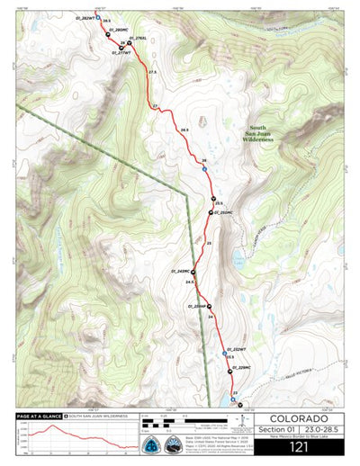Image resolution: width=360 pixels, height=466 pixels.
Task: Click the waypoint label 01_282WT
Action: (84, 18)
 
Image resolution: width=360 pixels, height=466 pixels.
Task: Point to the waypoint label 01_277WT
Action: (121, 52)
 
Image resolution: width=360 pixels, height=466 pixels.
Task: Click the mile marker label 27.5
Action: (152, 72)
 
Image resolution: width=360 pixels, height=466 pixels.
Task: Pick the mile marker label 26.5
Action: (184, 130)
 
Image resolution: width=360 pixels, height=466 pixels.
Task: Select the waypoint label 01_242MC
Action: (177, 271)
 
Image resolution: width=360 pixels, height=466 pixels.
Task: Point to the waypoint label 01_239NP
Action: (201, 306)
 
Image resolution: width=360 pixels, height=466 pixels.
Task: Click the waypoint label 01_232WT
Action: (236, 348)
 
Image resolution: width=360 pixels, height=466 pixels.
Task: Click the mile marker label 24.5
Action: (190, 282)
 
